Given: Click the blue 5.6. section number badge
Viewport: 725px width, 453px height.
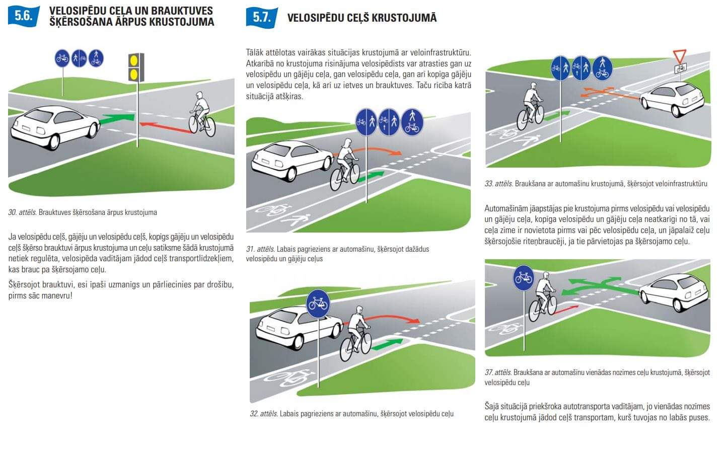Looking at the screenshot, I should [23, 16].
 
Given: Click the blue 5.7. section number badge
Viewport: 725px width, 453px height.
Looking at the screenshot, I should [261, 17].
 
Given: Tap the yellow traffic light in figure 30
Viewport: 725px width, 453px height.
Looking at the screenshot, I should [136, 67].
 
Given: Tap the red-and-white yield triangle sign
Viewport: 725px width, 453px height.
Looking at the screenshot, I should [679, 55].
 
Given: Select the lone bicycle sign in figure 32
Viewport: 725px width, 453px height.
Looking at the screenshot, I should [318, 304].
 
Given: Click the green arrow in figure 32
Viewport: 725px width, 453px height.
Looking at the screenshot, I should [388, 344].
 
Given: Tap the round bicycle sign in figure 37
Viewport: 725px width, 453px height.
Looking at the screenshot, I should [524, 278].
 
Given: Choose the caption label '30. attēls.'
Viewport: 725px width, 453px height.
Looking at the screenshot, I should [22, 212].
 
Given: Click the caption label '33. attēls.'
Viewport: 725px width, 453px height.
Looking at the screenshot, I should [498, 184].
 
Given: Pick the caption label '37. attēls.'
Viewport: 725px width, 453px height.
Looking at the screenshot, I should [498, 372].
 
